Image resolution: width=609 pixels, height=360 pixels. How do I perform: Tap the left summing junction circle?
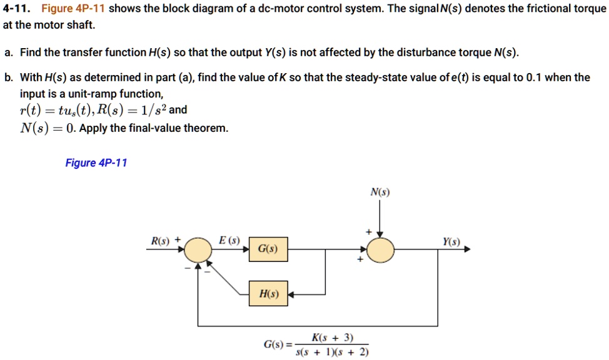198,249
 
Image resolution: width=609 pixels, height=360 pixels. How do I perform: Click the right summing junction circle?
380,249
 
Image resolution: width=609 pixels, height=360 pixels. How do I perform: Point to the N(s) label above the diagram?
380,192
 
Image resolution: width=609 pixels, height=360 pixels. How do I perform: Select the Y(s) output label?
451,241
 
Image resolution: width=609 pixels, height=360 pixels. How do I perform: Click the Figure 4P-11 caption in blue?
96,163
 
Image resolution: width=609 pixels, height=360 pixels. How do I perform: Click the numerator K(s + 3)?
332,337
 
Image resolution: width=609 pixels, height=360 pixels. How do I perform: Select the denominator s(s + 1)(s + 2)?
332,352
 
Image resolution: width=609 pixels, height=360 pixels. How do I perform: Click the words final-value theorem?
191,128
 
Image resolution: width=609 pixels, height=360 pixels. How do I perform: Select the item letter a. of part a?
8,52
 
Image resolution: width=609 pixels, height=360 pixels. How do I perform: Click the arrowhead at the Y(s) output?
466,249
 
